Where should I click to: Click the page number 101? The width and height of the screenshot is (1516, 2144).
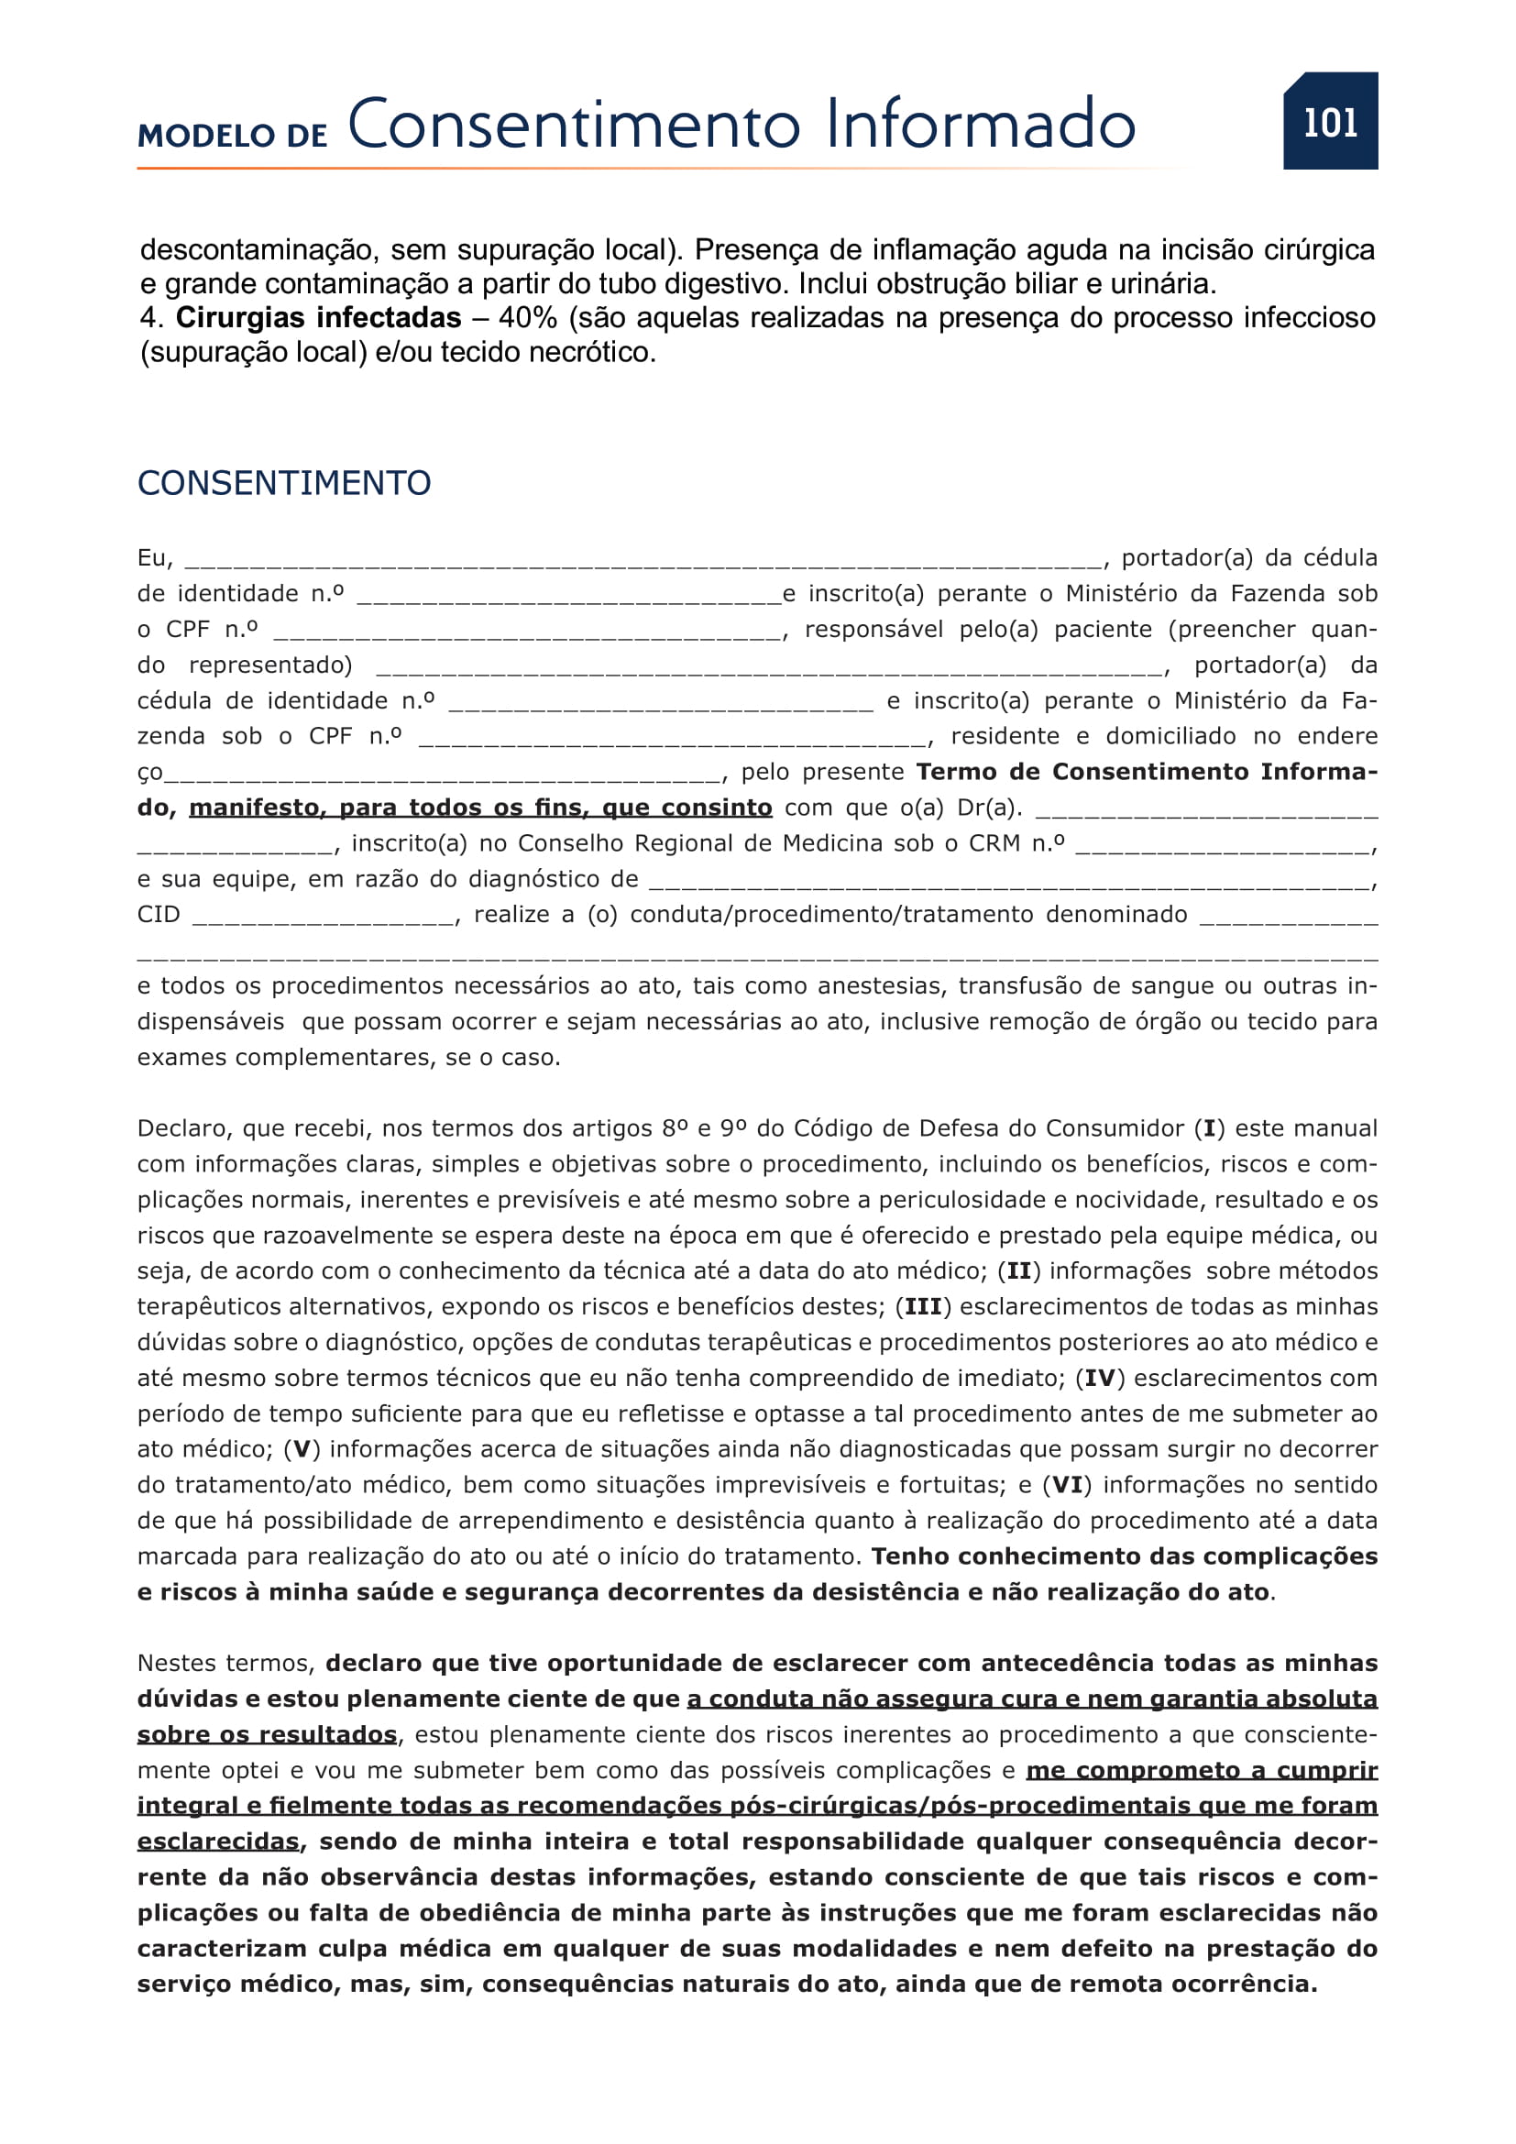tap(1329, 122)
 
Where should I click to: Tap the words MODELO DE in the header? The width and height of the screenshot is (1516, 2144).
tap(233, 137)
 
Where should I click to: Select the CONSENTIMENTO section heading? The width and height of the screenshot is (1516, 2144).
tap(284, 483)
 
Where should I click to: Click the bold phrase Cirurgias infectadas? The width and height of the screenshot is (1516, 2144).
tap(318, 318)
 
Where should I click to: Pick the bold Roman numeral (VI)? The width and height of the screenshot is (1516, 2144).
tap(1067, 1486)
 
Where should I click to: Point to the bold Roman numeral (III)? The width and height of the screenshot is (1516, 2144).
tap(922, 1307)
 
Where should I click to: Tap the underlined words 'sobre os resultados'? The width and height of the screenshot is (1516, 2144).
tap(267, 1735)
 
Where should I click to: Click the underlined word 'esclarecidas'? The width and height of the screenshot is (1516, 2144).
tap(218, 1842)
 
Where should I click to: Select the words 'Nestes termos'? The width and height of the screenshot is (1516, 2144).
tap(225, 1663)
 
